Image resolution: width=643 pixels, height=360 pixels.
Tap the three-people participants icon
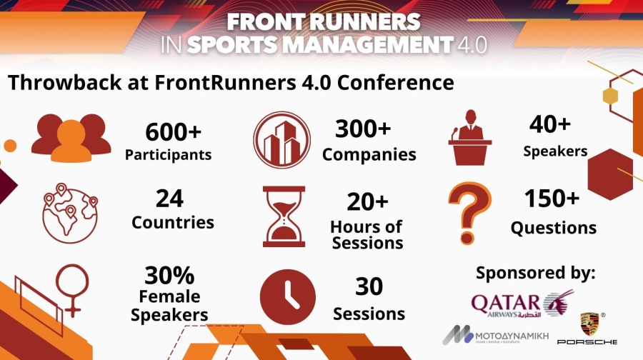[71, 137]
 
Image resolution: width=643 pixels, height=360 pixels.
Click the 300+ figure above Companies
[363, 129]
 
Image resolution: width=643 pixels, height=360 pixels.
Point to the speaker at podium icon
[470, 137]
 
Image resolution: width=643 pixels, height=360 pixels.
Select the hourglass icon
[284, 216]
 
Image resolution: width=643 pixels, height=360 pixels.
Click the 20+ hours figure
[367, 202]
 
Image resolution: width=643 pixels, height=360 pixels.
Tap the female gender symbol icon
[71, 291]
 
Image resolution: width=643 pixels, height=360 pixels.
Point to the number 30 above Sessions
[369, 286]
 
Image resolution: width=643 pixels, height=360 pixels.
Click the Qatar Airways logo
[522, 303]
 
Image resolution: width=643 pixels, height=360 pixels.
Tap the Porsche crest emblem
[589, 325]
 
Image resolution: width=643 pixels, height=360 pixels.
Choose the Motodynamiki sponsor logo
[487, 334]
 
